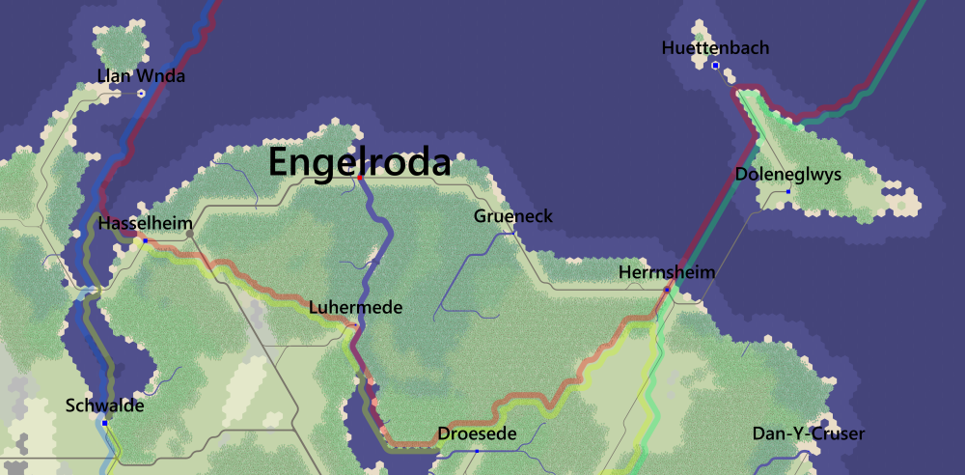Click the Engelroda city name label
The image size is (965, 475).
pos(359,161)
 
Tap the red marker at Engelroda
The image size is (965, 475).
pos(360,178)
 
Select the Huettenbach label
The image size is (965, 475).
pos(716,47)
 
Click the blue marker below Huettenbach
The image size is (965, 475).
pos(715,66)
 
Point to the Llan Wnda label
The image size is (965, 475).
pos(141,75)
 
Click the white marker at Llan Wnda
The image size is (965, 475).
pos(141,93)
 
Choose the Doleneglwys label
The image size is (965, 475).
pos(788,175)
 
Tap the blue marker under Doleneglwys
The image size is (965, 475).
pos(788,192)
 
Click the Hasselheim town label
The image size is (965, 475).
pos(146,223)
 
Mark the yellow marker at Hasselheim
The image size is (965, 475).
pos(145,239)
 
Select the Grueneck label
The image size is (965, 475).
pos(513,216)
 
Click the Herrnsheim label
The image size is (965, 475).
pos(667,272)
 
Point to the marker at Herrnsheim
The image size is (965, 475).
pos(667,290)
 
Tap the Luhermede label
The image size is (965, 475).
pos(355,308)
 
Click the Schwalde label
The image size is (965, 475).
pos(104,405)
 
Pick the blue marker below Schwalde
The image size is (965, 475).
pos(104,423)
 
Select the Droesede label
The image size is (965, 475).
pos(477,433)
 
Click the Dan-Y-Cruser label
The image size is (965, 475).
pos(808,433)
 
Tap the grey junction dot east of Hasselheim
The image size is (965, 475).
pos(190,233)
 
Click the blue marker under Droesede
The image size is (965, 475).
pos(477,451)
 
